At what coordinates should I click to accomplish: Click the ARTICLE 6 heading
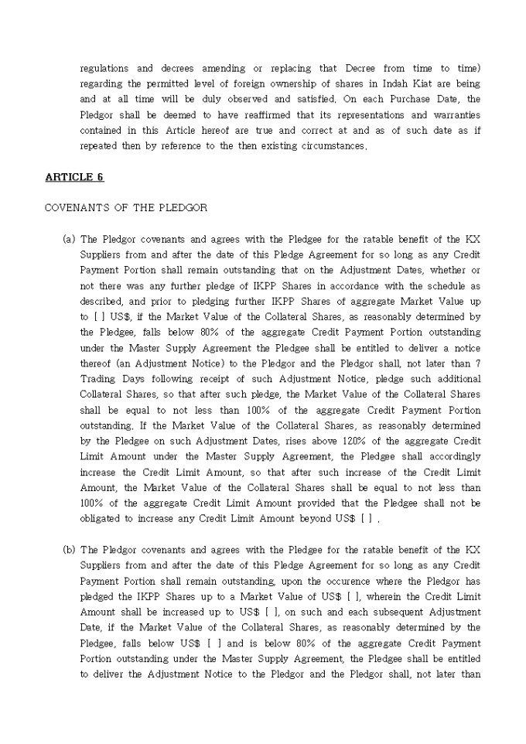74,177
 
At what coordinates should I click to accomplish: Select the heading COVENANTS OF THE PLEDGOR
125,208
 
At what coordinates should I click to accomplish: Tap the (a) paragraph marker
68,239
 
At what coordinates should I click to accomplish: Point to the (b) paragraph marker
68,550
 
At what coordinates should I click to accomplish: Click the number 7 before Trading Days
477,363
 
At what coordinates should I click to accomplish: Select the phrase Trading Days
108,379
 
